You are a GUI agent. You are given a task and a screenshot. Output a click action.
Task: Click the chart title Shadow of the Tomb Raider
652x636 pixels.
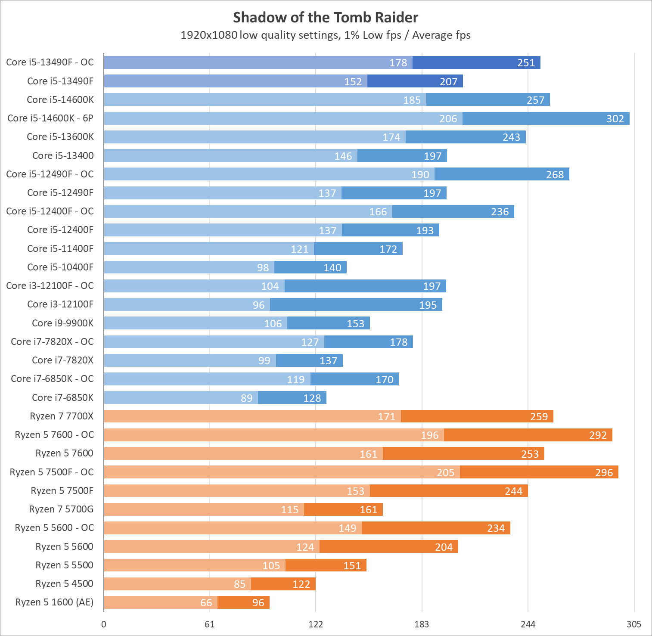point(326,17)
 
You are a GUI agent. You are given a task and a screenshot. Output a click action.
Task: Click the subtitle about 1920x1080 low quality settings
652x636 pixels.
point(326,35)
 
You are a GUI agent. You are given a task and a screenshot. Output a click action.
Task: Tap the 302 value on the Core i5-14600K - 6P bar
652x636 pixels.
point(615,118)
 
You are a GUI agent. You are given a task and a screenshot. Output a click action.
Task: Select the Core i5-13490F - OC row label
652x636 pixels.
point(50,62)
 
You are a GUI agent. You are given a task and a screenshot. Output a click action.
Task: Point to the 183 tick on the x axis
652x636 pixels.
point(422,624)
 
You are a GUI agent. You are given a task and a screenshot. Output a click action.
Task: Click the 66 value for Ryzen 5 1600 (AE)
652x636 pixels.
point(206,602)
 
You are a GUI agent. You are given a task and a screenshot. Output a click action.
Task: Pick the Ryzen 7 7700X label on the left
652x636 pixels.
point(62,416)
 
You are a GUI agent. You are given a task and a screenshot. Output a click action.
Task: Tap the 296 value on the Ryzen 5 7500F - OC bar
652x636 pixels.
point(604,472)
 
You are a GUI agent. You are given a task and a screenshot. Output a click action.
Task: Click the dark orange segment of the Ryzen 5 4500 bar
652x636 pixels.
point(283,584)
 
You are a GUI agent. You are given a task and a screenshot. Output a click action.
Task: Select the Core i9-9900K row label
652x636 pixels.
point(63,323)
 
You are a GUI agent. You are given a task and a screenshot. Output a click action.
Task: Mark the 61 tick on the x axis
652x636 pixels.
point(210,624)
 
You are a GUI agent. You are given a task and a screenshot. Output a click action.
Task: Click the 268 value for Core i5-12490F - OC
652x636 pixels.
point(555,174)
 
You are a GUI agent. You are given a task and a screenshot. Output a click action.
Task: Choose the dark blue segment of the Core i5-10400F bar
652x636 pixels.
point(310,267)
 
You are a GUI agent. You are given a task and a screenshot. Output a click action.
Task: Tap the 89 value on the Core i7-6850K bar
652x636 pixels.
point(247,398)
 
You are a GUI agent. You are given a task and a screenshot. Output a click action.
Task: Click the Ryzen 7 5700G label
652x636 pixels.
point(61,509)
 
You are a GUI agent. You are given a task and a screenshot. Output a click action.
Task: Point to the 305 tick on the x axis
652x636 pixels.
point(634,624)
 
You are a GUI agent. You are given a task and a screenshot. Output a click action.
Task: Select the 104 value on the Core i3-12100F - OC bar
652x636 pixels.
point(270,286)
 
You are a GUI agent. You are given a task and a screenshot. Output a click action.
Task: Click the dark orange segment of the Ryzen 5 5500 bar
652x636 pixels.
point(326,565)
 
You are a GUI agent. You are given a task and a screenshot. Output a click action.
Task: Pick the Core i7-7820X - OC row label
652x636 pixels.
point(52,341)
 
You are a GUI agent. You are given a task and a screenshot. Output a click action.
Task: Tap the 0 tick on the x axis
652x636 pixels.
point(104,624)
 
